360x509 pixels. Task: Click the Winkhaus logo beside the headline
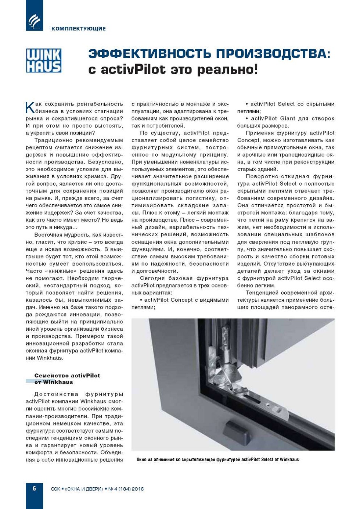pyautogui.click(x=43, y=60)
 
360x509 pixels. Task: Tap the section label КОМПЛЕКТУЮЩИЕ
pyautogui.click(x=79, y=29)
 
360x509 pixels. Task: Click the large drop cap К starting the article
pyautogui.click(x=30, y=107)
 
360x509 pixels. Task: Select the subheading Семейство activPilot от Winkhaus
pyautogui.click(x=67, y=379)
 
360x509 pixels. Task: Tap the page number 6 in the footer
pyautogui.click(x=35, y=488)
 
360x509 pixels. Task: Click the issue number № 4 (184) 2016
pyautogui.click(x=126, y=489)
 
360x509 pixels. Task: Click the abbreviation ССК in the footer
pyautogui.click(x=55, y=489)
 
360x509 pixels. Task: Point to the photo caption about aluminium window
pyautogui.click(x=217, y=459)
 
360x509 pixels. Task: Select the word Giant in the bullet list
pyautogui.click(x=288, y=118)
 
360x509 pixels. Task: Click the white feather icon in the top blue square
pyautogui.click(x=34, y=21)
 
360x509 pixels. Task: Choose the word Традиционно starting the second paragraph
pyautogui.click(x=51, y=140)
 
